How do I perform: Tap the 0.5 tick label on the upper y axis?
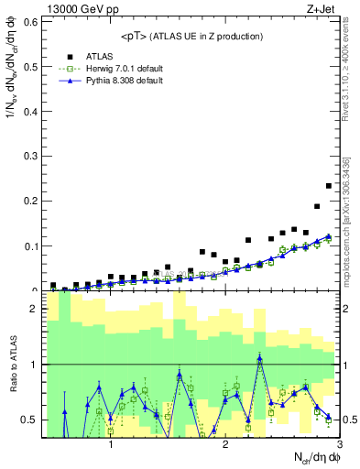point(29,65)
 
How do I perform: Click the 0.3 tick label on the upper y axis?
point(29,156)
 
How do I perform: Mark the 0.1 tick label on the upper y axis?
point(29,245)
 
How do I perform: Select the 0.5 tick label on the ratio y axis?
point(29,420)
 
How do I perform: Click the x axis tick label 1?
point(111,444)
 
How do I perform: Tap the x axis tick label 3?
point(339,444)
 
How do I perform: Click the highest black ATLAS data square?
point(329,186)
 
